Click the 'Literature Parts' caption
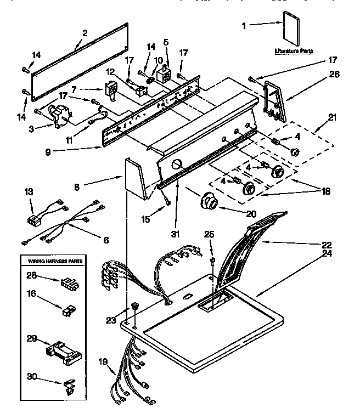click(294, 51)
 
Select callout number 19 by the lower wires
click(102, 361)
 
